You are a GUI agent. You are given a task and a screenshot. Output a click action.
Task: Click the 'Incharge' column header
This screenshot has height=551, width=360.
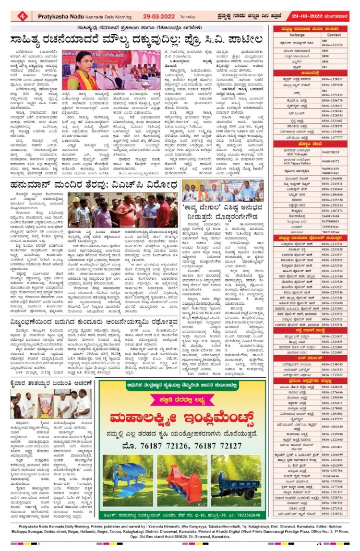point(297,35)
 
